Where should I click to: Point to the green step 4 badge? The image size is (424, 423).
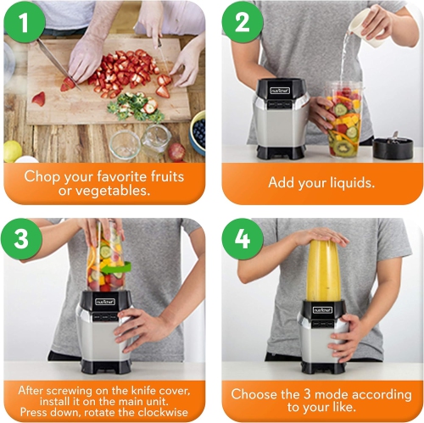(x=242, y=238)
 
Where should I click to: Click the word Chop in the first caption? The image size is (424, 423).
(x=44, y=176)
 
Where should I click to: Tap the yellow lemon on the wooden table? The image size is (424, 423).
(x=12, y=151)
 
